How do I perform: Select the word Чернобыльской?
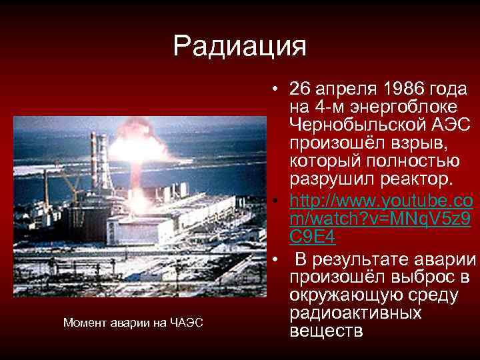point(357,125)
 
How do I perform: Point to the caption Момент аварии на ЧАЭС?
point(133,323)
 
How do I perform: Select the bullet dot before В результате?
point(275,259)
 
